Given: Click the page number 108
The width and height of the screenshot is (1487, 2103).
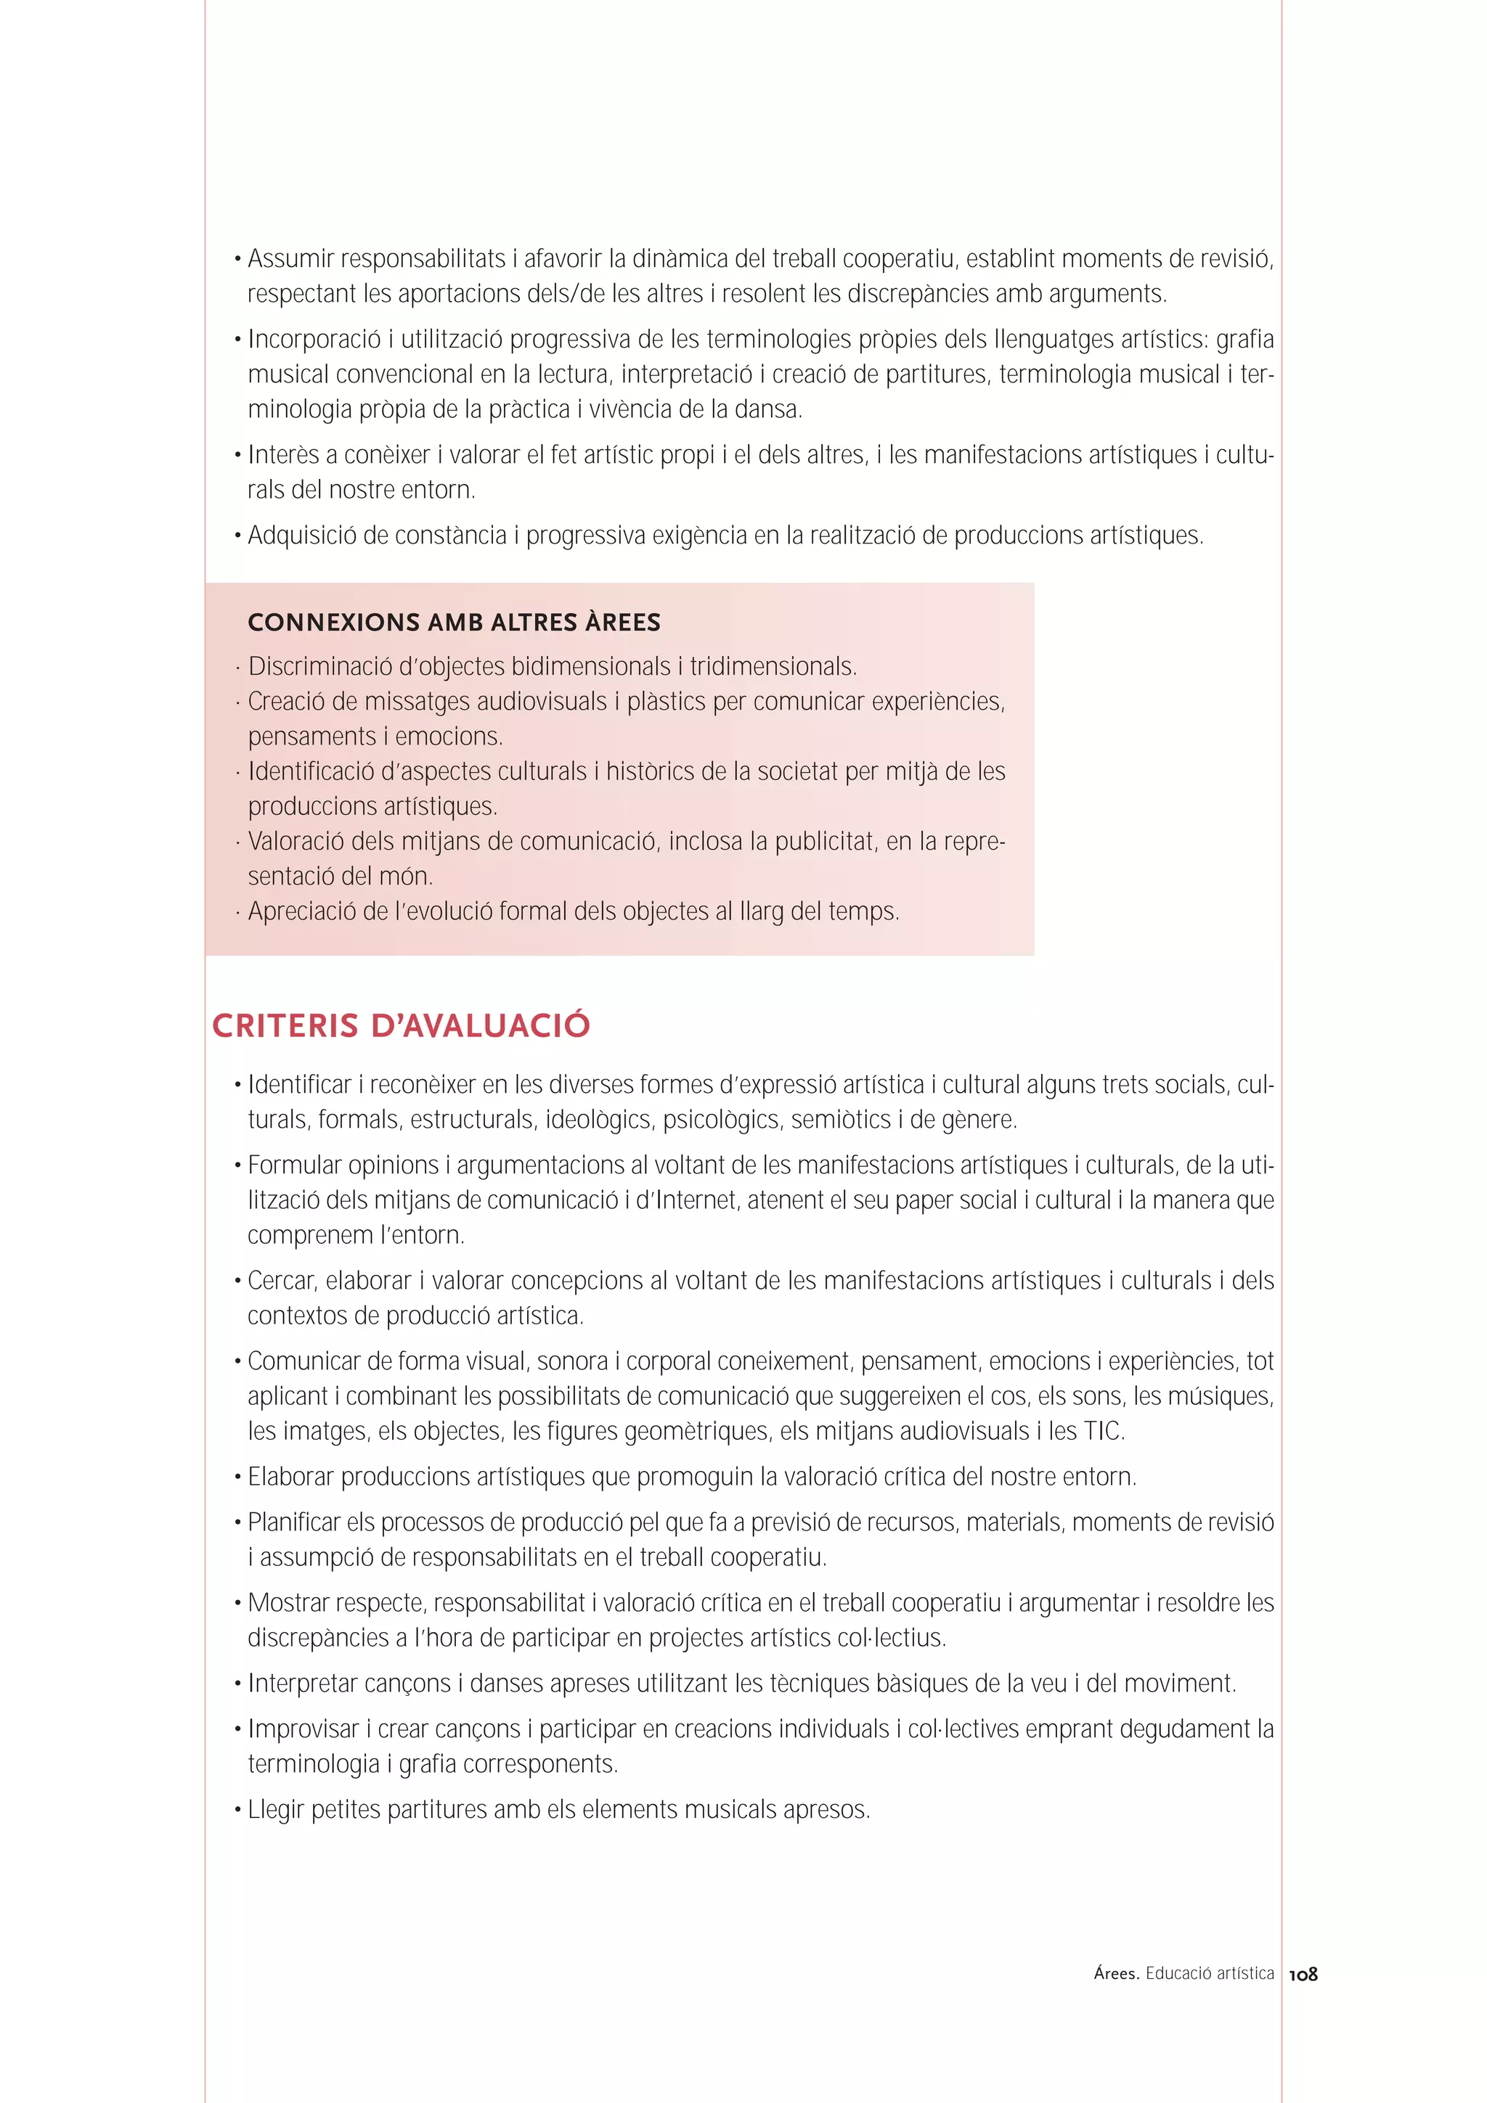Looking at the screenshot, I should click(x=1302, y=1974).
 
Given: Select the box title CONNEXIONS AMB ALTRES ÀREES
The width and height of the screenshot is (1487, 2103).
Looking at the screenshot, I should click(x=454, y=622).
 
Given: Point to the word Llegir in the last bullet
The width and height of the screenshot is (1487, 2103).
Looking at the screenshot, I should click(x=275, y=1810).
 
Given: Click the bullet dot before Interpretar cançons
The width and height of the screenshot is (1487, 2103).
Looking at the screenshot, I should click(x=237, y=1684).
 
